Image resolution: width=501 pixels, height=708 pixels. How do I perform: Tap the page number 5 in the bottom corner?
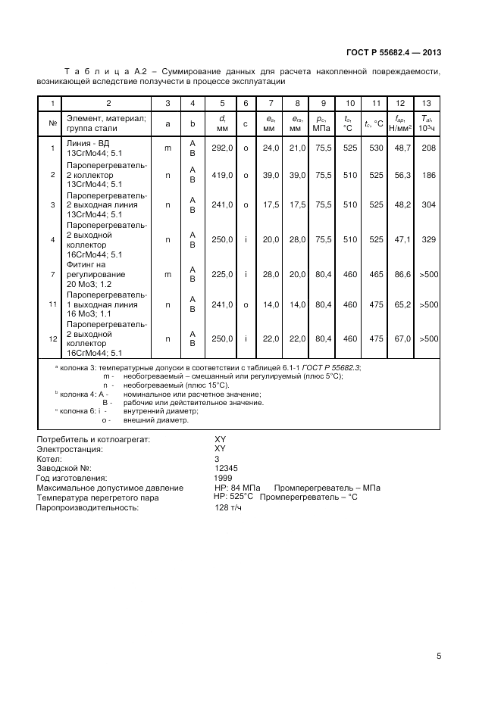[439, 657]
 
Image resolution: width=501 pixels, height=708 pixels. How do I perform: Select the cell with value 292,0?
[222, 148]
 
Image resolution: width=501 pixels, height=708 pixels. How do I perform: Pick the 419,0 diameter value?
[222, 175]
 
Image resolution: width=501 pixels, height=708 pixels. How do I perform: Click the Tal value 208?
[428, 148]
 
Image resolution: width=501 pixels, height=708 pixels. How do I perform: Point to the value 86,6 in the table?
[400, 274]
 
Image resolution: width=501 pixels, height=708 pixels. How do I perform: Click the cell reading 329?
[428, 239]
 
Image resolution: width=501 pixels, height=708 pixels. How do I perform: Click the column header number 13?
[427, 103]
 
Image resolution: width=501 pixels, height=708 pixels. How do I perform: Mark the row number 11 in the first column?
[52, 304]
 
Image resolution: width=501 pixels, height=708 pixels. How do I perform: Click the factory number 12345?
[229, 469]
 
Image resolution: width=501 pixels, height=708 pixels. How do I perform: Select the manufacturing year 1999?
[224, 479]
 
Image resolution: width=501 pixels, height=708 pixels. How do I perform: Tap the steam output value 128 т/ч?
[230, 508]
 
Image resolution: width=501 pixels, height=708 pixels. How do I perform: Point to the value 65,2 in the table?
[400, 304]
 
